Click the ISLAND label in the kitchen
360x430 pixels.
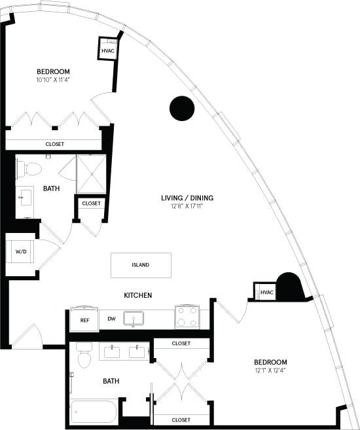(140, 265)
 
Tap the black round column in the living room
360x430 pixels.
(181, 109)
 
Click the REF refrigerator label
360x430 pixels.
(84, 320)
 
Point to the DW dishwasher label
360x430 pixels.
(111, 320)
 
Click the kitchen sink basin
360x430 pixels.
(137, 319)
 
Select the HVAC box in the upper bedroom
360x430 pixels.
(108, 50)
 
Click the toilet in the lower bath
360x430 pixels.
(83, 356)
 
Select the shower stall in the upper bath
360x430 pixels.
(91, 174)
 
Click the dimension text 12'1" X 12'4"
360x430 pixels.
(272, 371)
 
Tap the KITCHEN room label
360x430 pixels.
(138, 296)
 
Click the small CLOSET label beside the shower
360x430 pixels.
(91, 204)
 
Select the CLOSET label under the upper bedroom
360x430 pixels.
(54, 144)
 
